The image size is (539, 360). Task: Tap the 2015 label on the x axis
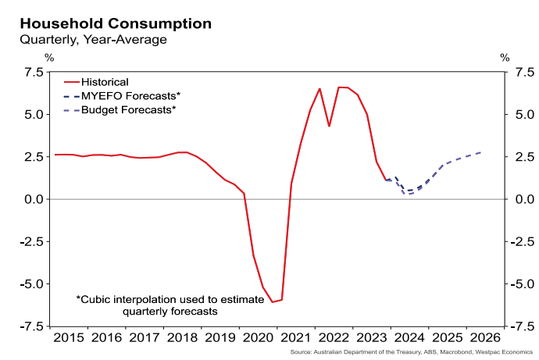[69, 338]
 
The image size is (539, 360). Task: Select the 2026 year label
[484, 338]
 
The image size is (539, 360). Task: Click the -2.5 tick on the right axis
[522, 242]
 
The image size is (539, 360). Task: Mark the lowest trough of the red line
[273, 301]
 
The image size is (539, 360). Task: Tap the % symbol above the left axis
[49, 57]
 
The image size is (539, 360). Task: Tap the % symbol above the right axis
[505, 57]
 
